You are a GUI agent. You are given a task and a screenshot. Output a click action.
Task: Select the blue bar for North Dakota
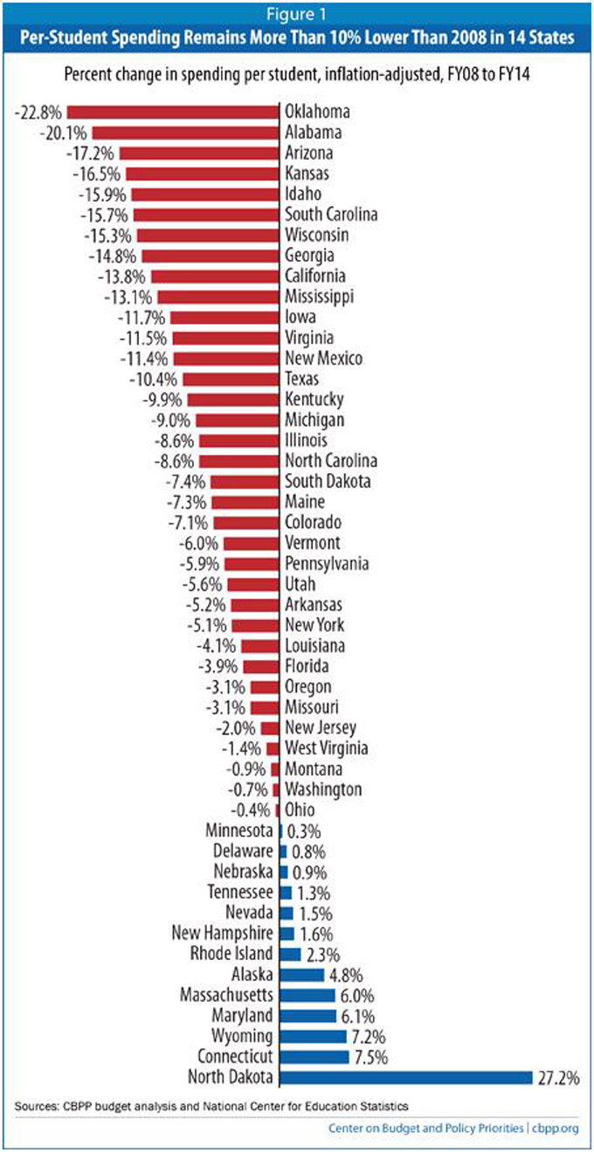point(405,1077)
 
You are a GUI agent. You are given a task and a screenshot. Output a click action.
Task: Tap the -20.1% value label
point(63,133)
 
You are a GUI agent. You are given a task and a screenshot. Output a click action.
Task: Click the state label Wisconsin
point(317,236)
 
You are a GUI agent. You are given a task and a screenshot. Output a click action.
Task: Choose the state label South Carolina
point(331,215)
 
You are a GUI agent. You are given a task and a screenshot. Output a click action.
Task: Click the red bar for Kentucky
point(233,400)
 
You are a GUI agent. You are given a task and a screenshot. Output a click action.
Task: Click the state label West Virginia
point(327,748)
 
